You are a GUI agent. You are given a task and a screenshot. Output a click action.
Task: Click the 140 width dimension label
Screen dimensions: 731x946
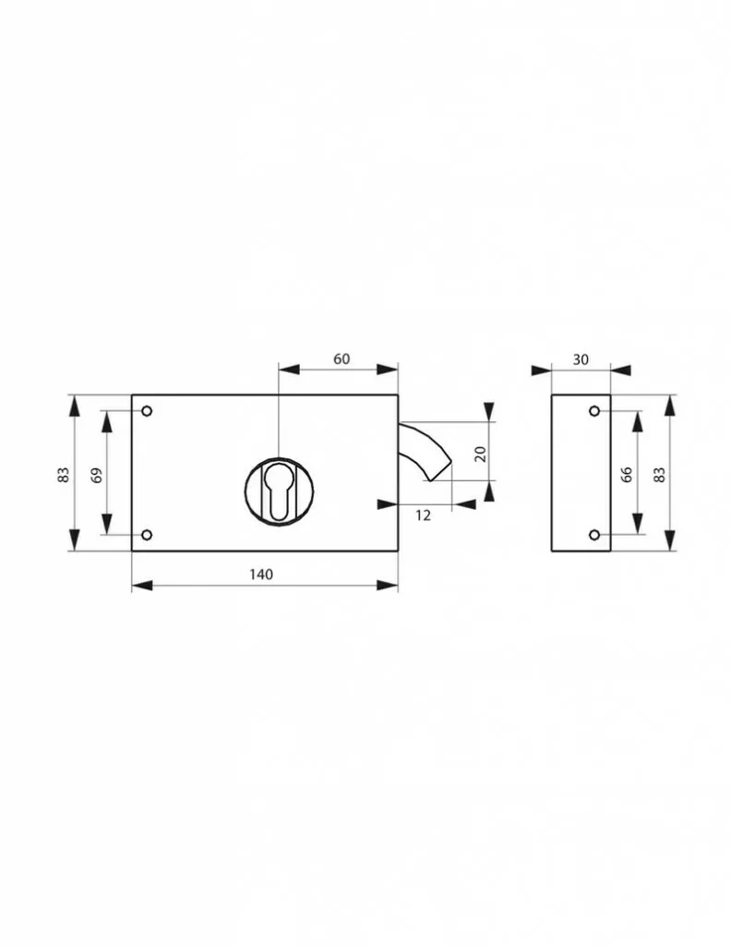click(x=261, y=574)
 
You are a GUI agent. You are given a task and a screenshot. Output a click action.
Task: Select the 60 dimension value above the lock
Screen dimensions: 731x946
click(x=342, y=359)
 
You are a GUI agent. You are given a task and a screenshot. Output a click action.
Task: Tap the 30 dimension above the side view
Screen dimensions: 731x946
click(x=581, y=359)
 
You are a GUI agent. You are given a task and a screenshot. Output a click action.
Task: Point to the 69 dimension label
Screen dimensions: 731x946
click(x=96, y=475)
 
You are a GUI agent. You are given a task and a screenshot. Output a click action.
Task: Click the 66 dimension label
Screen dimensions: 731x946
click(x=627, y=474)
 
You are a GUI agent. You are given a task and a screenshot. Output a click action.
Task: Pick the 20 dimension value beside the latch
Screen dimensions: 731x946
click(x=480, y=454)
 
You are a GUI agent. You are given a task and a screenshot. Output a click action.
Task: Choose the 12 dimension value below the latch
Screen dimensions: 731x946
click(x=423, y=515)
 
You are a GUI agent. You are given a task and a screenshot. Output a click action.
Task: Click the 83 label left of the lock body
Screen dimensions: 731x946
click(x=64, y=475)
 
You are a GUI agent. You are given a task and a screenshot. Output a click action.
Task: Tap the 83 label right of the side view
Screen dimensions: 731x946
click(x=660, y=475)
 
